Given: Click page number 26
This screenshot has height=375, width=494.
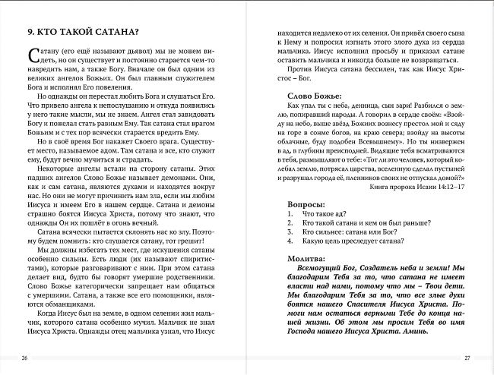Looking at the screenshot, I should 25,358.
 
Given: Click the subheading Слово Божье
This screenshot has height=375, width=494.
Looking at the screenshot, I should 314,97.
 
